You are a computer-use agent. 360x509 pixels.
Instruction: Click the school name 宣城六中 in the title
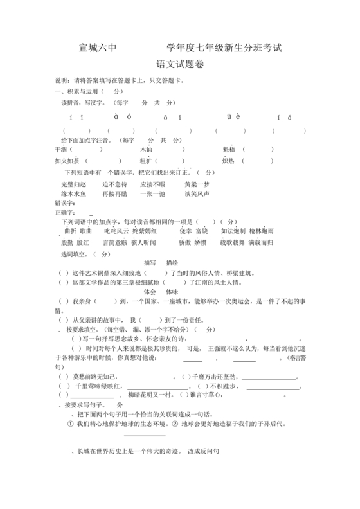point(97,47)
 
